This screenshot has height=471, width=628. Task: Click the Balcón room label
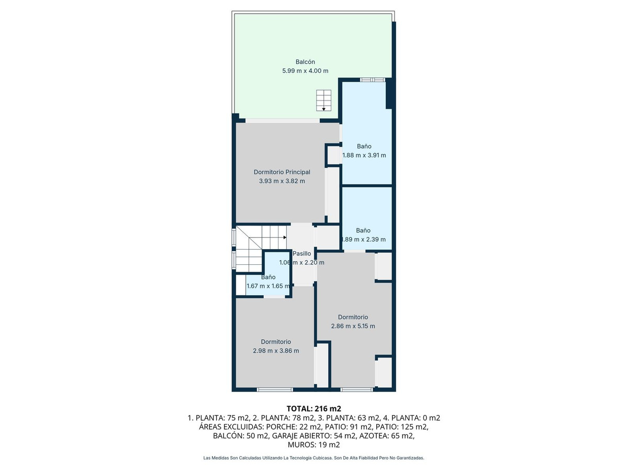pos(305,62)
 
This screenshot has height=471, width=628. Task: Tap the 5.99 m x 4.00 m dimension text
pos(305,71)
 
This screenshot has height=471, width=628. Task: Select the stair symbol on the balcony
pos(323,100)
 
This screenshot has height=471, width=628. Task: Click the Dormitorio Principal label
pos(282,172)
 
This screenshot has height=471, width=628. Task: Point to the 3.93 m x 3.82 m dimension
pos(282,181)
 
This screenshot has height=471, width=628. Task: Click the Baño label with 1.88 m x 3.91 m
pos(364,146)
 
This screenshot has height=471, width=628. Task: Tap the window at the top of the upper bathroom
pos(373,80)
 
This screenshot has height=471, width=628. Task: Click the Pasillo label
pos(302,254)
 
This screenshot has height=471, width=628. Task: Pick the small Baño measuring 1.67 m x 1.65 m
pos(268,277)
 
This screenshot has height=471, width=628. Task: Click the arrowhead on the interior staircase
pos(284,238)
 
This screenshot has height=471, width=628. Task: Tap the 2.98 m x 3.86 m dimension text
pos(276,351)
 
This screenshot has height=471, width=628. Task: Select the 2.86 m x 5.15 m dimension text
pos(353,326)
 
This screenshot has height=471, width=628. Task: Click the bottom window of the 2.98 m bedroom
pos(275,389)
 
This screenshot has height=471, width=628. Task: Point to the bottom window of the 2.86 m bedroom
pos(357,389)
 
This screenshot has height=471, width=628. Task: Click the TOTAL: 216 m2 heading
pos(314,408)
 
